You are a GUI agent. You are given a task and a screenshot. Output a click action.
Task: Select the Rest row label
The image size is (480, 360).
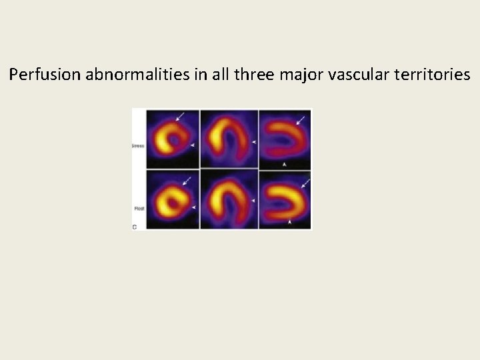click(139, 208)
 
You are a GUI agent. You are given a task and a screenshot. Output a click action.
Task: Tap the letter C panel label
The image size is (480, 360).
click(135, 227)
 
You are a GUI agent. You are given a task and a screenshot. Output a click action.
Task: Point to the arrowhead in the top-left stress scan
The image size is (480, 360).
click(193, 144)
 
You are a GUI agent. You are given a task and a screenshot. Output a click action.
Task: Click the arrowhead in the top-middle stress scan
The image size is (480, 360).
click(254, 142)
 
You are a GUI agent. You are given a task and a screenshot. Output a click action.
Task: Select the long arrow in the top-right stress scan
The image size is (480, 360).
click(302, 120)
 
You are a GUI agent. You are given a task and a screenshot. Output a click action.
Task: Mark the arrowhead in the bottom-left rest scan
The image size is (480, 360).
click(193, 208)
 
